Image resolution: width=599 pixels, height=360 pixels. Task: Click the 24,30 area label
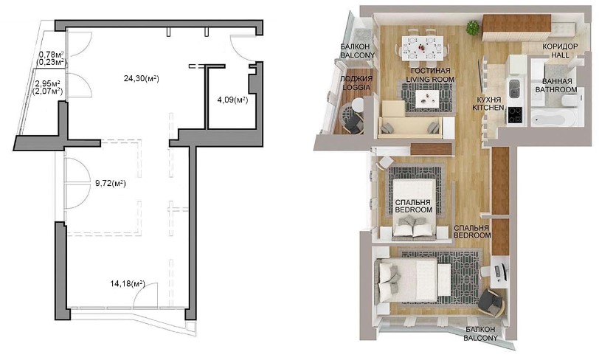tap(142, 79)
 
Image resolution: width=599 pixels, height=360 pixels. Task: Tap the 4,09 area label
tap(232, 100)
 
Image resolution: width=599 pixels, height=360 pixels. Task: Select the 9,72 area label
tap(111, 184)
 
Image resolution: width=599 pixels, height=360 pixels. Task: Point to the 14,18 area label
tap(128, 283)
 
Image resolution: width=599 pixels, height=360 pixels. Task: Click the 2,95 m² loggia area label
tap(49, 87)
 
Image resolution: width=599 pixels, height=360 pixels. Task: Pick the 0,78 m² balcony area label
tap(52, 58)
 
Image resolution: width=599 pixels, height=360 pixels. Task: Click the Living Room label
tap(430, 75)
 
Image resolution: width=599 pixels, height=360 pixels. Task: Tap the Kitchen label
tap(488, 103)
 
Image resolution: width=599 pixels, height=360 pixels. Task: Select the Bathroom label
tap(556, 86)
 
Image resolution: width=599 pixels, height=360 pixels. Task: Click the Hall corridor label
tap(560, 50)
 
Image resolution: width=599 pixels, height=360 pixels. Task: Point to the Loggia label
tap(356, 83)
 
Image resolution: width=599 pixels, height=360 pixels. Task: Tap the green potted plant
tap(473, 27)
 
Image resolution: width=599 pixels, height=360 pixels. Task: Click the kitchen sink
tap(513, 88)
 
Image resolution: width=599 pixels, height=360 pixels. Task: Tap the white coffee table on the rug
tap(429, 97)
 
